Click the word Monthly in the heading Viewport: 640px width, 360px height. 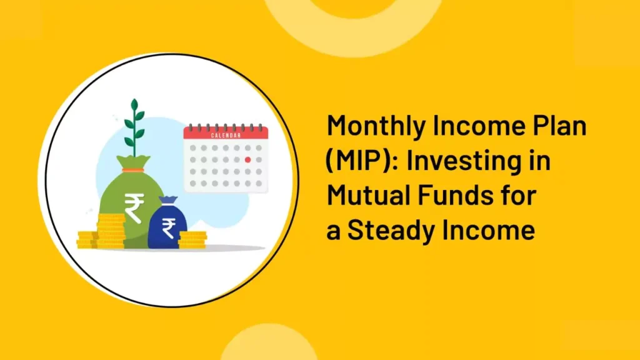[376, 127]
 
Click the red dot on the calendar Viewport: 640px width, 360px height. [247, 159]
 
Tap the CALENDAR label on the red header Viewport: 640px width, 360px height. [226, 136]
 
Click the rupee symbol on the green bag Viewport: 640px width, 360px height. [134, 207]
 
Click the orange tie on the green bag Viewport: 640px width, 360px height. [133, 170]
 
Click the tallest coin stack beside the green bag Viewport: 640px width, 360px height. [111, 231]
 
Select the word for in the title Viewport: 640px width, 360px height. [519, 195]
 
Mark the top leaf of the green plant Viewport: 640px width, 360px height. [134, 105]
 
